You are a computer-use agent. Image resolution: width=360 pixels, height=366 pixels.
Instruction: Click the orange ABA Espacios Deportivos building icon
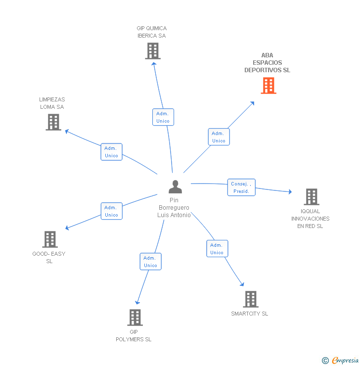tap(269, 86)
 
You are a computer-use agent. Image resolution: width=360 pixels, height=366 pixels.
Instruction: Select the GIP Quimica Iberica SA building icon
tap(153, 51)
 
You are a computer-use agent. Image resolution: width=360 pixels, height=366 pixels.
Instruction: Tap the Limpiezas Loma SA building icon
tap(53, 122)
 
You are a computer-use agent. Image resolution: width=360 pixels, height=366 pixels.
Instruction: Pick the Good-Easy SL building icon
tap(50, 239)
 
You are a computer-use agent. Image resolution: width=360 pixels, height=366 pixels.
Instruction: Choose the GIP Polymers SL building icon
tap(135, 318)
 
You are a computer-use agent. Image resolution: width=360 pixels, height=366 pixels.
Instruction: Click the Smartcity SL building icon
tap(251, 299)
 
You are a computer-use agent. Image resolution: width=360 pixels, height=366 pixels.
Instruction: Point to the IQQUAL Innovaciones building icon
tap(311, 197)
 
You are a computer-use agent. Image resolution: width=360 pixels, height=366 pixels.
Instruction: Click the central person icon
tap(175, 187)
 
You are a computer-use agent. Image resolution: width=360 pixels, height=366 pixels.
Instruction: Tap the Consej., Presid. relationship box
tap(241, 187)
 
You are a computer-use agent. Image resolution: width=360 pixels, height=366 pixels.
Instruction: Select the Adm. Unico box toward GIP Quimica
tap(163, 117)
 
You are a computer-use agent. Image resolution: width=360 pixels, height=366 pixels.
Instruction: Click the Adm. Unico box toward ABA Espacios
tap(219, 137)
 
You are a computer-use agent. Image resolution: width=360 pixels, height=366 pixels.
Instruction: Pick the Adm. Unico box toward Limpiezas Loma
tap(111, 152)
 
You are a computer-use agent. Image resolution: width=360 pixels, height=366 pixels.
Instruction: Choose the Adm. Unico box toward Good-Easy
tap(111, 211)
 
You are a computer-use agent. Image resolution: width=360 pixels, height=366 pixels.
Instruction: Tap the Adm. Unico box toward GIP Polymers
tap(150, 262)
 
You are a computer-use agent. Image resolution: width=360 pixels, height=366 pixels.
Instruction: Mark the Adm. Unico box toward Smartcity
tap(217, 249)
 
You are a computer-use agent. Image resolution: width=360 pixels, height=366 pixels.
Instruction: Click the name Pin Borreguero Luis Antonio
tap(174, 208)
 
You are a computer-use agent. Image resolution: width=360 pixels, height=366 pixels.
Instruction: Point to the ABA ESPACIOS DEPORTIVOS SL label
tap(267, 63)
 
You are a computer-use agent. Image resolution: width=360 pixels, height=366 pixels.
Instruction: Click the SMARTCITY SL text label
tap(249, 314)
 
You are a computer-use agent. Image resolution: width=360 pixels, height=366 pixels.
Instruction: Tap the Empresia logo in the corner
tap(341, 361)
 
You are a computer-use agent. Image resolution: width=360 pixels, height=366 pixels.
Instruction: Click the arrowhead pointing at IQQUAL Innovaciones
tap(290, 191)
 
